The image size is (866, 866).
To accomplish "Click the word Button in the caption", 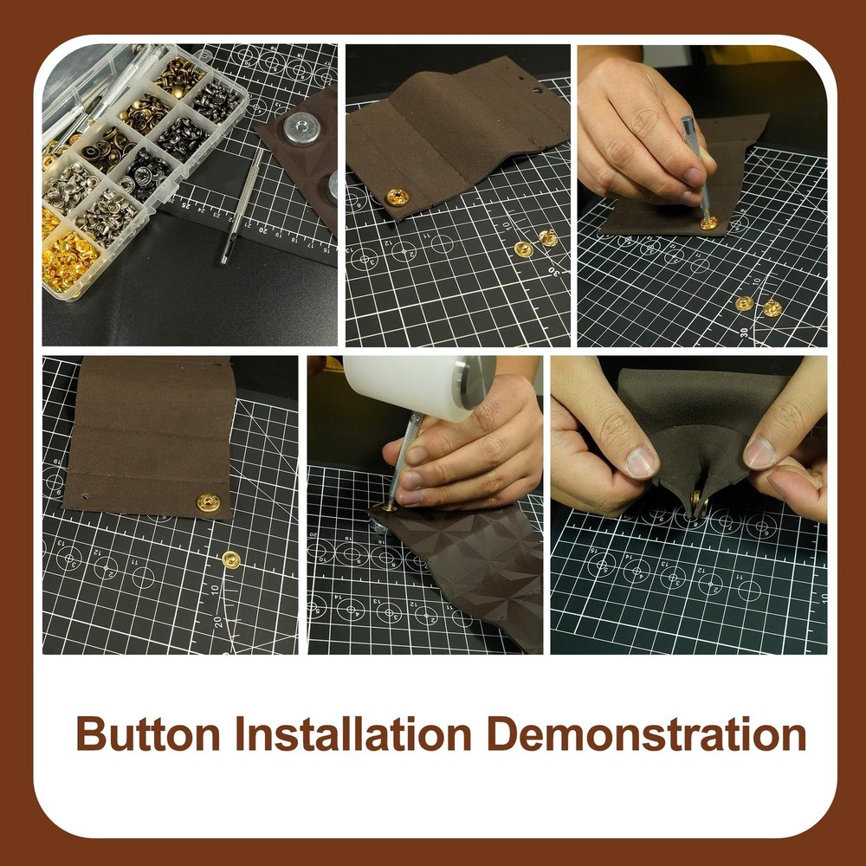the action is coord(148,734).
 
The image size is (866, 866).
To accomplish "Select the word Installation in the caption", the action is coord(353,734).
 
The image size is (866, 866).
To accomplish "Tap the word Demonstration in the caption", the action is coord(646,734).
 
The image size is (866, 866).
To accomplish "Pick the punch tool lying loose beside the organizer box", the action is coord(242,205).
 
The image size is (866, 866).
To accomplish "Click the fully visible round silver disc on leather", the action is coord(301,129).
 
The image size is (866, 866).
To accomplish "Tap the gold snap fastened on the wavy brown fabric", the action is coord(397,197).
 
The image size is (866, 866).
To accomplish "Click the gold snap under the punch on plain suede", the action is coord(708,223).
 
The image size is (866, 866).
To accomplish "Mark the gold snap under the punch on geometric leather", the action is coord(389,507).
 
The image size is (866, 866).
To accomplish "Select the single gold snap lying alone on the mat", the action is coord(231,559).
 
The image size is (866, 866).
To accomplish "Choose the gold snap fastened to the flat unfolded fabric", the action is coord(208,502).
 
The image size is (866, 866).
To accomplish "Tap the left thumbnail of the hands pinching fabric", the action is coord(641,462).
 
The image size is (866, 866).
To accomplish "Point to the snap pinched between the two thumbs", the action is coord(698,501).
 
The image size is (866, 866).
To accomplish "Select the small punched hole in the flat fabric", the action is coord(85,496).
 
